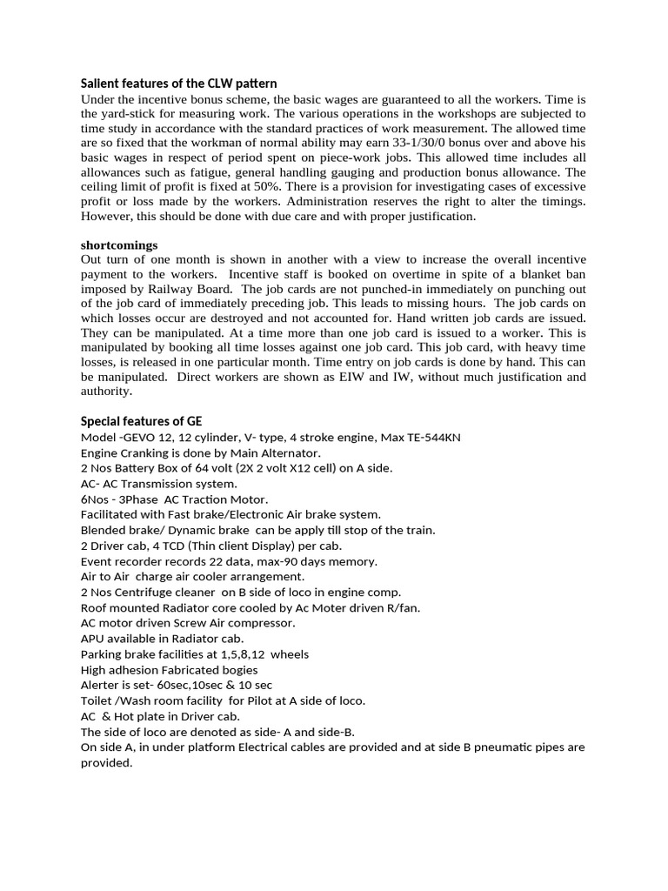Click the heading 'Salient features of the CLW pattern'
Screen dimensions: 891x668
(178, 84)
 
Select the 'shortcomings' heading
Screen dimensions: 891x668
(119, 245)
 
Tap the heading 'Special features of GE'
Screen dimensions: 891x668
(141, 421)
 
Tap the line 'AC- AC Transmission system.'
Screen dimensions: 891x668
(158, 483)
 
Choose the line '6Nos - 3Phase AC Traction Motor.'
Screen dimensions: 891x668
(175, 499)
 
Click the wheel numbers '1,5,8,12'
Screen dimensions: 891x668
(241, 654)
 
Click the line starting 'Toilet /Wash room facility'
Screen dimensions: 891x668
(223, 700)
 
